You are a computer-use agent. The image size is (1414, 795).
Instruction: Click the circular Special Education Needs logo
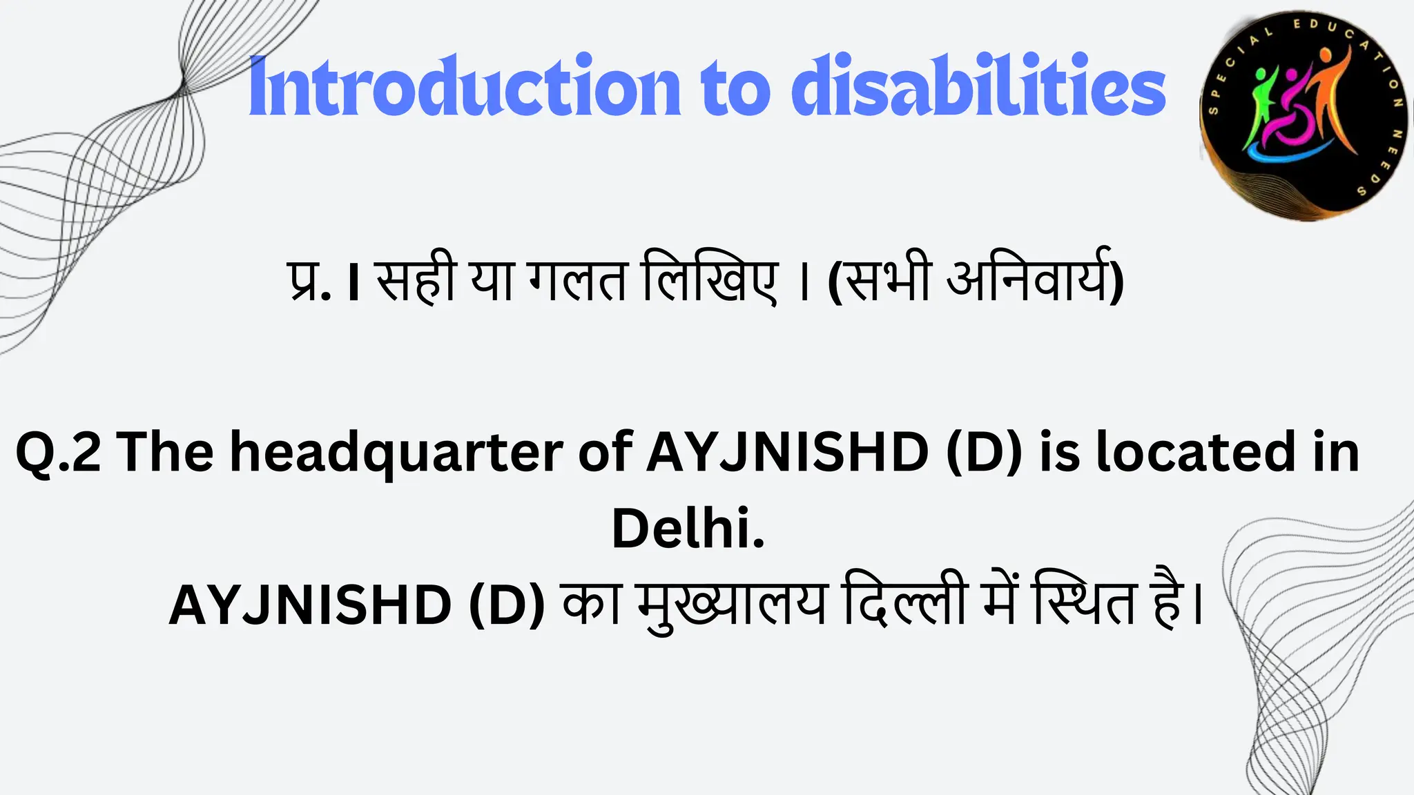1304,116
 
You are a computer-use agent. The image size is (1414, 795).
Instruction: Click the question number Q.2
58,452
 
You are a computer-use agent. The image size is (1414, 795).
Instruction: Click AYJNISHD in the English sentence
788,452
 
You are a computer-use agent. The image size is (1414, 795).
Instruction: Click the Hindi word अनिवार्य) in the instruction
1036,279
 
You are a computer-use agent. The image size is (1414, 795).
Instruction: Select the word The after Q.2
166,452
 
